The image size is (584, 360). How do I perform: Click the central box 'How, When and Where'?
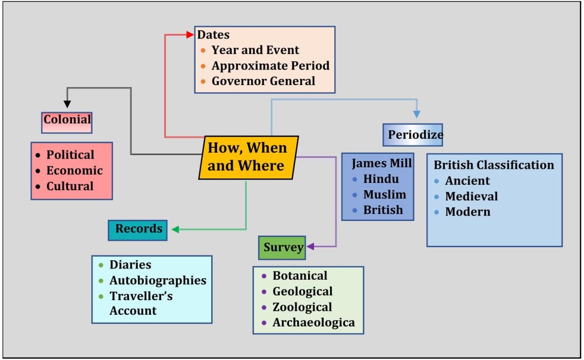click(248, 157)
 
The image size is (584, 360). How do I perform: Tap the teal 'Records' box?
click(138, 229)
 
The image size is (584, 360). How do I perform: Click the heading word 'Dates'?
click(213, 35)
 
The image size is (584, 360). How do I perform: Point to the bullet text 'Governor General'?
click(263, 81)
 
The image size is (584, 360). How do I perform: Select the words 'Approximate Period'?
click(270, 66)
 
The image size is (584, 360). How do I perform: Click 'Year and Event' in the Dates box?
click(255, 50)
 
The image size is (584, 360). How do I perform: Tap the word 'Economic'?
click(74, 171)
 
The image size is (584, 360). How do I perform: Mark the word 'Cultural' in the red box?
click(70, 186)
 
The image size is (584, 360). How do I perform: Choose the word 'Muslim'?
click(385, 195)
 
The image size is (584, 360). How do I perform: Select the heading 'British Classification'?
click(493, 165)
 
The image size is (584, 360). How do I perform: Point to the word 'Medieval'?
click(471, 197)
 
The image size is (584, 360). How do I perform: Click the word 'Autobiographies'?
click(158, 281)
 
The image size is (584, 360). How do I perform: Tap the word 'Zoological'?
click(302, 307)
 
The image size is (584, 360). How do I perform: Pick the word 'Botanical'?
click(300, 276)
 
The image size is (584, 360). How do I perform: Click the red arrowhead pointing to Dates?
click(190, 35)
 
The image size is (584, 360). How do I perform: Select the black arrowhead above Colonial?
click(67, 104)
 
